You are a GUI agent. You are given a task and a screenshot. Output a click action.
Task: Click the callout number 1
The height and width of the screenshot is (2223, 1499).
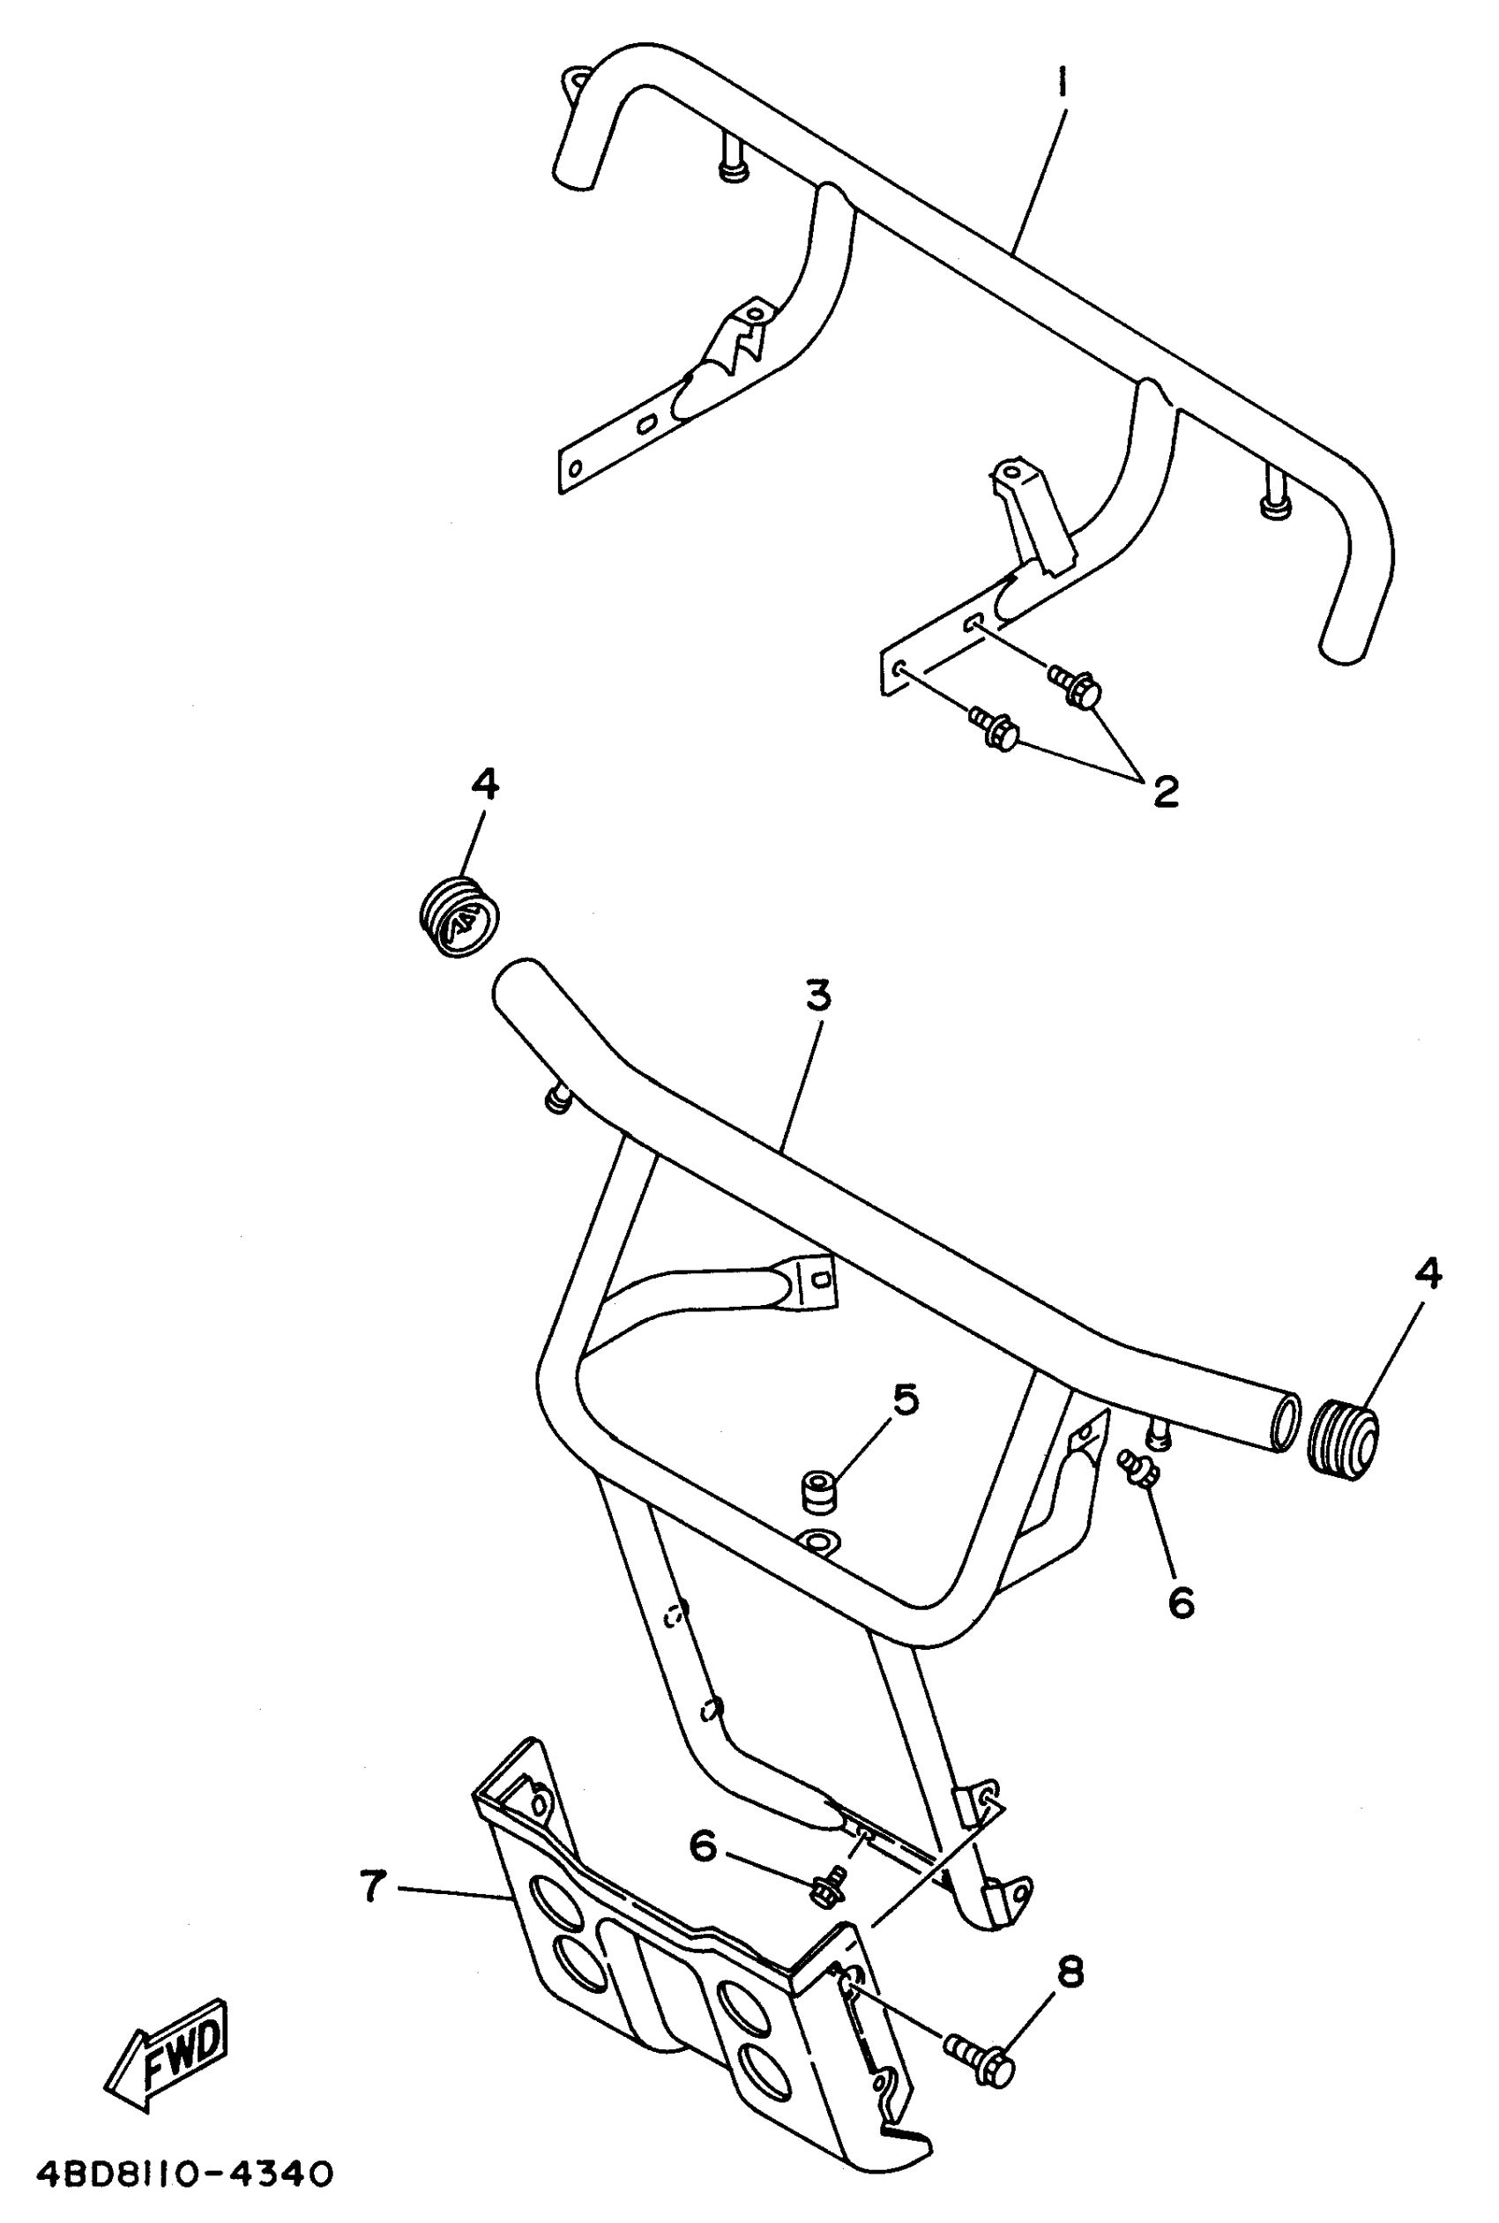pos(1061,84)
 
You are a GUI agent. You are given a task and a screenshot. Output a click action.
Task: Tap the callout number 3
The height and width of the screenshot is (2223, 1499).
pos(818,996)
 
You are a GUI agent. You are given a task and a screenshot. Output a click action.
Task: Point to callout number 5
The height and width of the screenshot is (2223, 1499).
pos(906,1399)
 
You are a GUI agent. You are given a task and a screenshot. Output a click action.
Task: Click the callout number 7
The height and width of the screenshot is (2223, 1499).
pos(373,1886)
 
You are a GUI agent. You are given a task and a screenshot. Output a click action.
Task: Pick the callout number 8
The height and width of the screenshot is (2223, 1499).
pos(1070,1972)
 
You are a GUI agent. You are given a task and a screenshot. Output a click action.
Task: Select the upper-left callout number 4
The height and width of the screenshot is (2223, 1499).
pos(485,785)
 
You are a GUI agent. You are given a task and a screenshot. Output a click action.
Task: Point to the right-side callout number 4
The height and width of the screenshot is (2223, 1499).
pos(1427,1273)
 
